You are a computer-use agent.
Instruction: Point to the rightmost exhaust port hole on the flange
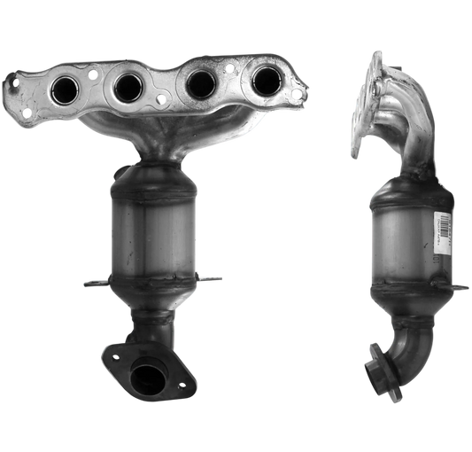point(263,81)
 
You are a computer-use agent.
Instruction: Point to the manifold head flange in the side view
point(364,102)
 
